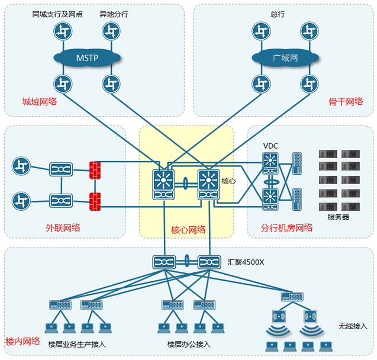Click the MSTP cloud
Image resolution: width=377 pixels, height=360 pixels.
point(87,58)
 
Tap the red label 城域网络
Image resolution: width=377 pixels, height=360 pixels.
point(40,101)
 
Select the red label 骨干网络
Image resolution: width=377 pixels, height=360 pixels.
point(345,101)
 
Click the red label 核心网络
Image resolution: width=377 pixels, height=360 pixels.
point(188,229)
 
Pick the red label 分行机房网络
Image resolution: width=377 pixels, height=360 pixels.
point(286,227)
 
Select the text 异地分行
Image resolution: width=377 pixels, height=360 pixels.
point(114,14)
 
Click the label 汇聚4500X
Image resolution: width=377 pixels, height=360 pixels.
point(246,261)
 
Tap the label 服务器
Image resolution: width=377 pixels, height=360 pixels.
point(338,217)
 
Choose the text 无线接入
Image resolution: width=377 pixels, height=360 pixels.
point(353,326)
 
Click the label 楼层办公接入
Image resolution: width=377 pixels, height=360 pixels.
point(189,344)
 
